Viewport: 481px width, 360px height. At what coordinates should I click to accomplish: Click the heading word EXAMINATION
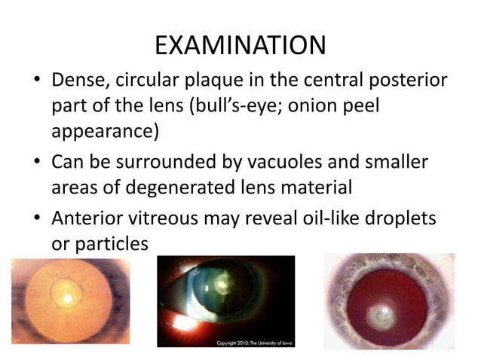240,46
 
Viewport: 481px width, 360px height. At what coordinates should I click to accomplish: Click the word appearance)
105,133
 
